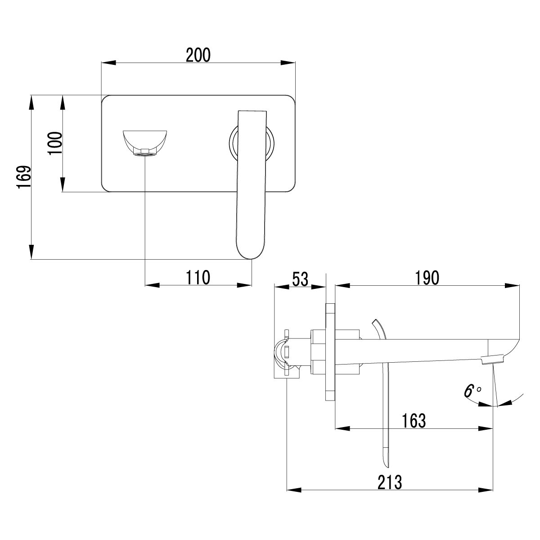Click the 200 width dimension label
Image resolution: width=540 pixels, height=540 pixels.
198,55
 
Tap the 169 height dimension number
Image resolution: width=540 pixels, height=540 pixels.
24,177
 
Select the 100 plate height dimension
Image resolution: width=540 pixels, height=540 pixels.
55,143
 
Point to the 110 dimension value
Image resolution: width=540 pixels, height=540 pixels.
198,278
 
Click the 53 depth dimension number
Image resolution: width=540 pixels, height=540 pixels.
300,279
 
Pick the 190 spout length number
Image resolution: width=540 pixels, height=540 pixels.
427,278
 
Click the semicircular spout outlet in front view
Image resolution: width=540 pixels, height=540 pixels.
145,142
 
